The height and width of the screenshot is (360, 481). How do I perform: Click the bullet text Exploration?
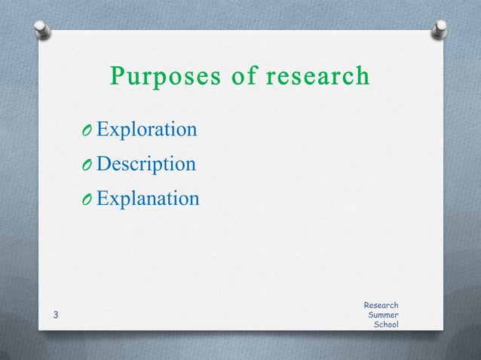pos(147,130)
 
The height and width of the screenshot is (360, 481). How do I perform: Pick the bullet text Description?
pos(146,164)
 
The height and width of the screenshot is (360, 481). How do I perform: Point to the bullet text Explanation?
pos(148,199)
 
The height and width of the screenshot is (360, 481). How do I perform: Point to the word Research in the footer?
pos(381,305)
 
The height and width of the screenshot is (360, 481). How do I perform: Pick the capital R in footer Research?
pos(366,305)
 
